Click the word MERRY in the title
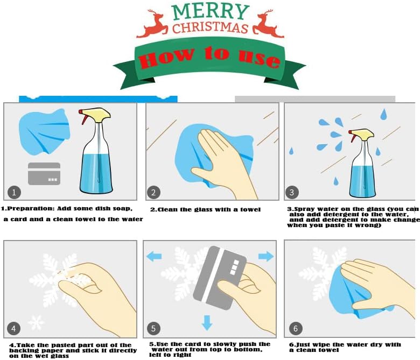pyautogui.click(x=211, y=11)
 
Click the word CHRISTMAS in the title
pyautogui.click(x=210, y=27)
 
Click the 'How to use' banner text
pyautogui.click(x=209, y=57)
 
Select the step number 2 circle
pyautogui.click(x=153, y=192)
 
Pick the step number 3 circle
pyautogui.click(x=292, y=192)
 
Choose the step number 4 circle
pyautogui.click(x=15, y=328)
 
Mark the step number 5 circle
pyautogui.click(x=153, y=328)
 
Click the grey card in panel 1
pyautogui.click(x=44, y=173)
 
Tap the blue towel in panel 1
pyautogui.click(x=45, y=131)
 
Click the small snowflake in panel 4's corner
pyautogui.click(x=36, y=323)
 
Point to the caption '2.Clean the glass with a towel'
pyautogui.click(x=205, y=209)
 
